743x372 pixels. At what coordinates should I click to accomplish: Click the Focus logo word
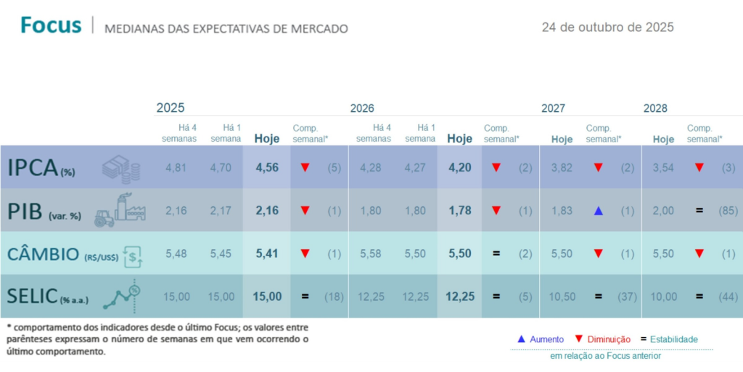point(51,25)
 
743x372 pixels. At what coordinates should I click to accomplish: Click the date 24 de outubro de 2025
point(607,28)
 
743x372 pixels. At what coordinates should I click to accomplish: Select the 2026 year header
point(362,108)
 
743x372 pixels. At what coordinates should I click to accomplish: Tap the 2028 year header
point(655,108)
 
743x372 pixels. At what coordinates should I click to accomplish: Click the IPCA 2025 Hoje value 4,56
point(267,168)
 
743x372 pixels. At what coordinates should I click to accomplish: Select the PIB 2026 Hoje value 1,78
point(459,211)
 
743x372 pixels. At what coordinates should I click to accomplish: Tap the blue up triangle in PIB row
point(598,211)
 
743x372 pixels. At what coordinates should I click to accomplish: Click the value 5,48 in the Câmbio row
point(176,254)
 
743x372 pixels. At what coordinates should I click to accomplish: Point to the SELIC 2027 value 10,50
point(562,296)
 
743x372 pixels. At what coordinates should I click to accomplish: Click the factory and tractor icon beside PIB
point(120,210)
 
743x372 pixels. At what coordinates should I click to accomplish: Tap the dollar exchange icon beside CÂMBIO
point(134,254)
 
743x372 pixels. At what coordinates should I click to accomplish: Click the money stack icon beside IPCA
point(120,168)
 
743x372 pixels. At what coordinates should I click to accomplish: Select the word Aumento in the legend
point(546,339)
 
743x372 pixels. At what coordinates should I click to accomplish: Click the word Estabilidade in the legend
point(673,339)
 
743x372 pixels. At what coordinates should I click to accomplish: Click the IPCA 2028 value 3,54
point(663,168)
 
